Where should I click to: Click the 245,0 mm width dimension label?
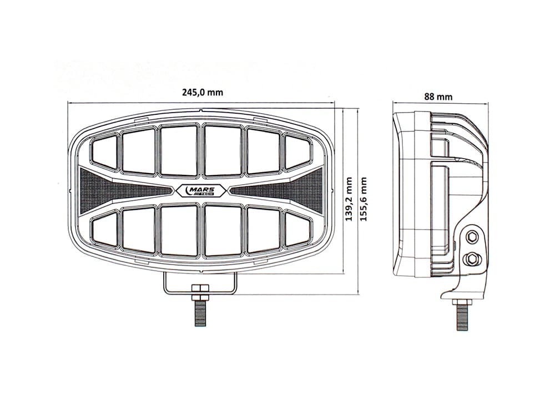203,92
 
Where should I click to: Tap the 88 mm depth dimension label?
438,96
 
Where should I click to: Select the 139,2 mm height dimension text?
349,199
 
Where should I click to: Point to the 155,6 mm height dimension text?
364,199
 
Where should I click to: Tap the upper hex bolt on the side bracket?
472,236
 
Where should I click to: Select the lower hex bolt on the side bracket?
471,259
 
